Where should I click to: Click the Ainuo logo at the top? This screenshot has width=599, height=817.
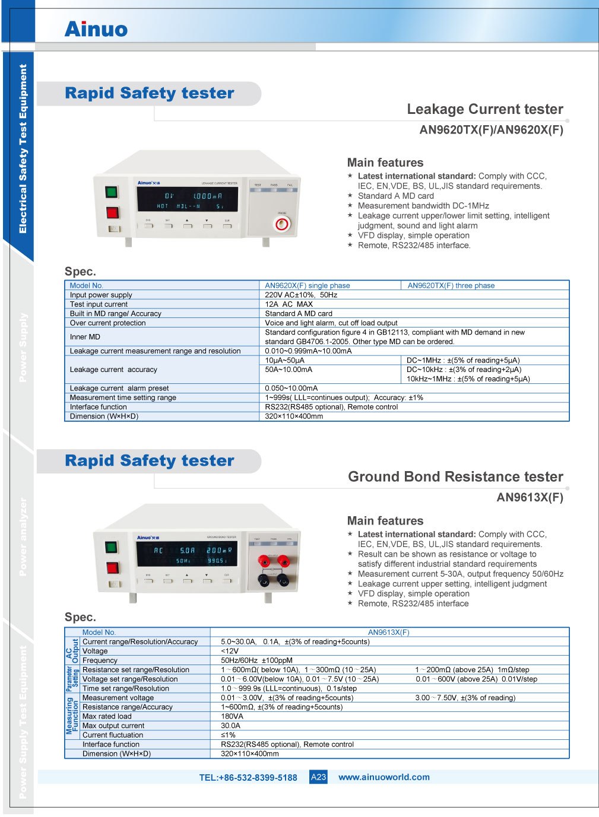pos(96,29)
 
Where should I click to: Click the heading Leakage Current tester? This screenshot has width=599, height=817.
pos(484,109)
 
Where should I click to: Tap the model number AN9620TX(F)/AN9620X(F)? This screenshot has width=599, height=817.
pos(491,130)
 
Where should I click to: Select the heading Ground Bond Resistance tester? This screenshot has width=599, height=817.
pos(455,477)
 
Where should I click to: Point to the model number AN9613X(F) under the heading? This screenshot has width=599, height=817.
pos(530,497)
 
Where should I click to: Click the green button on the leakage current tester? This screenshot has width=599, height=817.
pos(112,192)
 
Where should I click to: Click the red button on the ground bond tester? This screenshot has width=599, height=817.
pos(112,568)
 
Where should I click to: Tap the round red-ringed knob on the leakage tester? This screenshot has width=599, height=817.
pos(282,224)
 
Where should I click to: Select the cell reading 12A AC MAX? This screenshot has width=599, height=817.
pos(289,304)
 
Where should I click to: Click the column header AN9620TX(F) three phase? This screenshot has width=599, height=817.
pos(451,285)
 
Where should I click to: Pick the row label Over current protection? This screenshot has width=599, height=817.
pos(107,323)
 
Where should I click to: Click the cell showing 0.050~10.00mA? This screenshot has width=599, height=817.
pos(291,388)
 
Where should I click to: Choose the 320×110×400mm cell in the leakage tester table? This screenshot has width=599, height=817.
pos(294,417)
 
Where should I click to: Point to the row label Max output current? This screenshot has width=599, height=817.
pos(113,726)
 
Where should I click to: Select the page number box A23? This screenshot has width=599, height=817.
pos(319,777)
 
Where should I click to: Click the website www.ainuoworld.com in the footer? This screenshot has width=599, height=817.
pos(384,777)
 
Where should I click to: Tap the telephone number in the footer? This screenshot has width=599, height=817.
pos(248,778)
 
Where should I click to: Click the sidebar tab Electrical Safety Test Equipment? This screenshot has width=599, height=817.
pos(23,148)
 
